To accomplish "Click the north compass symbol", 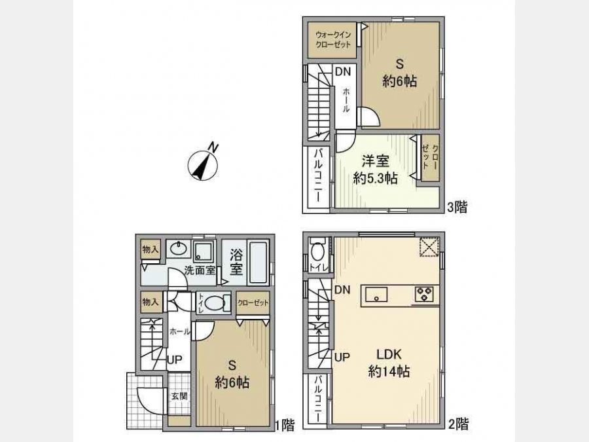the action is click(x=203, y=164).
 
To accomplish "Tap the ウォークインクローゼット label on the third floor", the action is click(x=333, y=39).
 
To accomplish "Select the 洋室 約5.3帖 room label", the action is click(x=375, y=170).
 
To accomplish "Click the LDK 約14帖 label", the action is click(x=389, y=363).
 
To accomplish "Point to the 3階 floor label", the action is click(x=457, y=207).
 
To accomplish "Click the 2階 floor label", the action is click(x=459, y=424).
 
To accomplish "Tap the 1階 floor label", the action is click(x=285, y=425).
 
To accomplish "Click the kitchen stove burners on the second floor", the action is click(x=424, y=294).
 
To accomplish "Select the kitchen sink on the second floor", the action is click(x=377, y=294).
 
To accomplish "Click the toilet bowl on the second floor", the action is click(x=318, y=250).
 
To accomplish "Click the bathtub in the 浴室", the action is click(x=259, y=263).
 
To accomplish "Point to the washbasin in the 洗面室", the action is click(x=179, y=249).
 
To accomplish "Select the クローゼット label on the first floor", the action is click(x=253, y=303).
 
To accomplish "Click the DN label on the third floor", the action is click(x=342, y=71).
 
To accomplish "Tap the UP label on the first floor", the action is click(x=174, y=359).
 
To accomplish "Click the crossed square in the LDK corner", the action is click(x=429, y=247).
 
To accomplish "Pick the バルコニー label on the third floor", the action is click(x=317, y=176).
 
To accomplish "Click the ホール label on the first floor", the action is click(x=180, y=331).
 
